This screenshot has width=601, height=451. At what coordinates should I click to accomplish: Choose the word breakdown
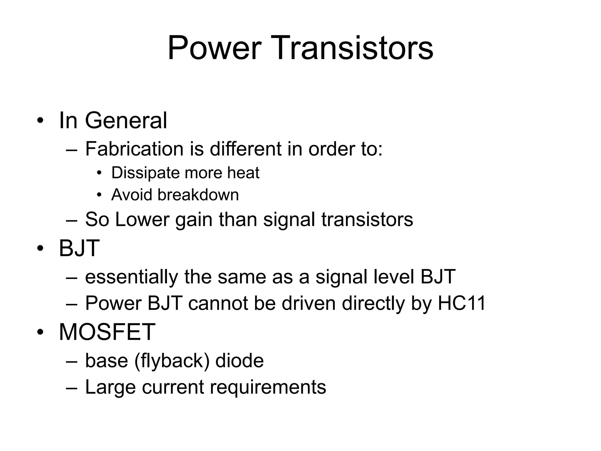point(198,195)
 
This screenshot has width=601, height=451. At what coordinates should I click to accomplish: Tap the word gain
point(194,220)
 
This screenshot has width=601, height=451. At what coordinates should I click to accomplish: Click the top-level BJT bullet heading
point(79,248)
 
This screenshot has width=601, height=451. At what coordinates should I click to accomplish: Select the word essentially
point(131,277)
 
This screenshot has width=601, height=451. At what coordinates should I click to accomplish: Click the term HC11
point(462,303)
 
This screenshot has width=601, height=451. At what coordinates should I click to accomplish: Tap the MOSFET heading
point(107,332)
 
